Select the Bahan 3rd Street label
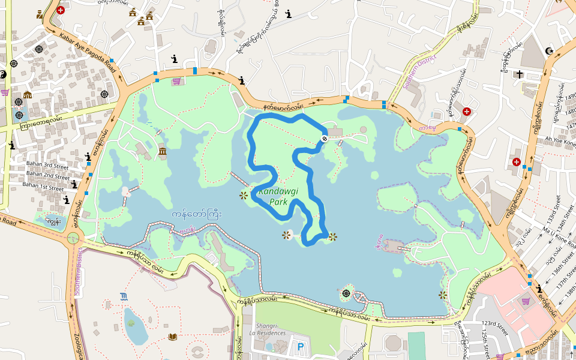(48, 164)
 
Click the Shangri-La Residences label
(274, 329)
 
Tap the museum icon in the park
(163, 151)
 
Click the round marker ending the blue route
(324, 139)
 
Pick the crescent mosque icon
(548, 51)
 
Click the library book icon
(173, 337)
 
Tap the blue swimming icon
(124, 296)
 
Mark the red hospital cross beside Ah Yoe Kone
(516, 162)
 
